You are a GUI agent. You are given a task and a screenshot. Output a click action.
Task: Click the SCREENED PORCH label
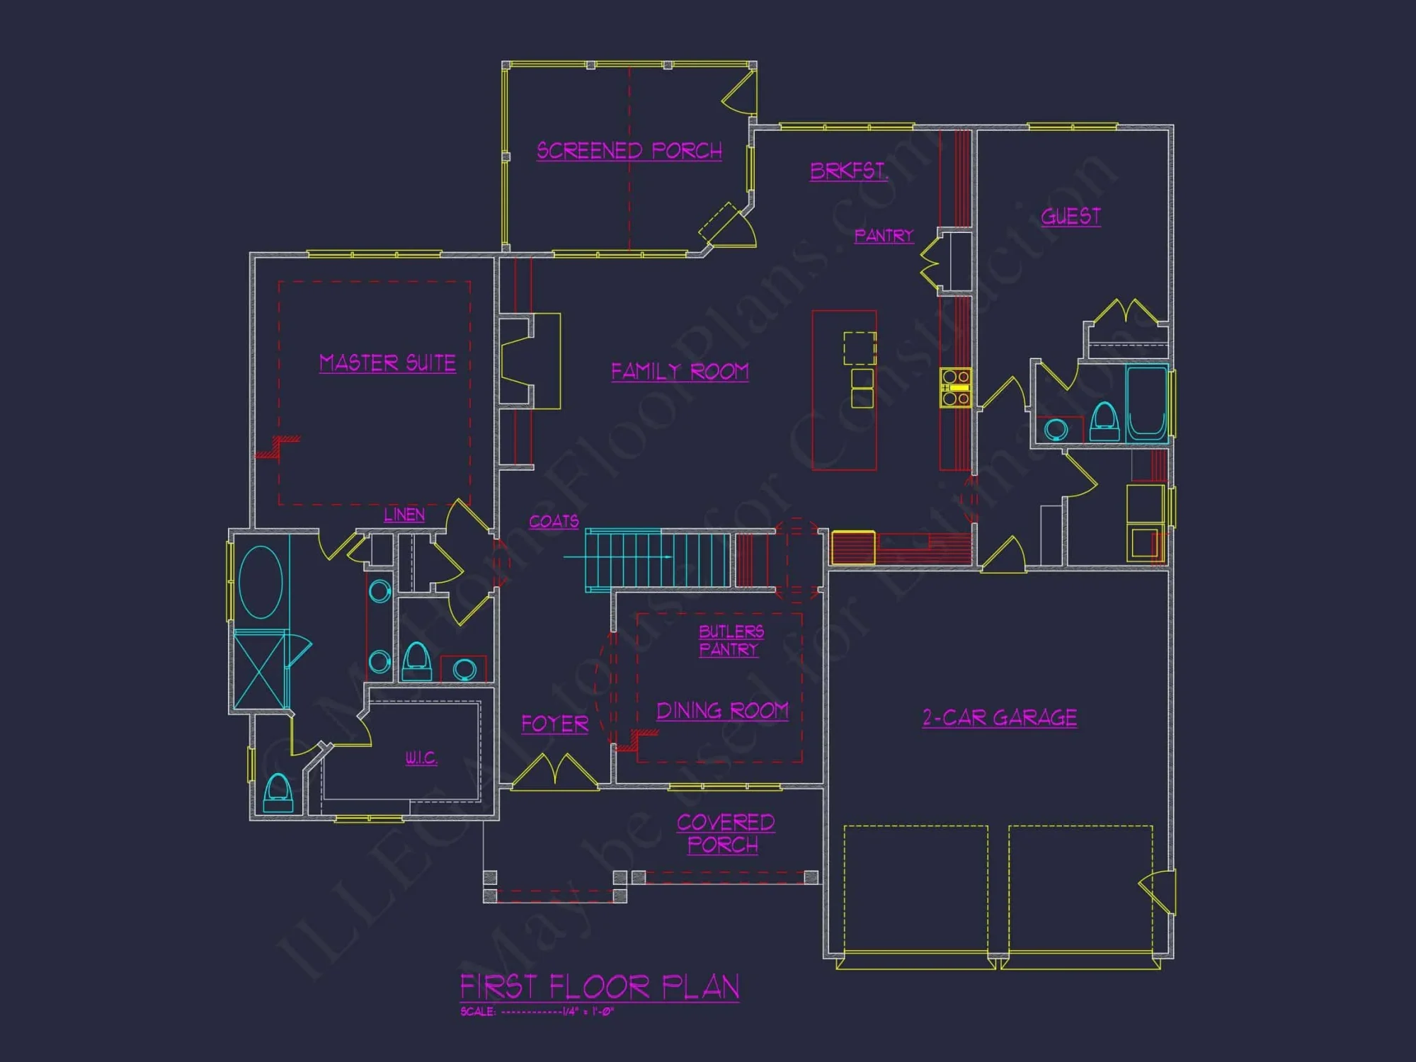pyautogui.click(x=629, y=151)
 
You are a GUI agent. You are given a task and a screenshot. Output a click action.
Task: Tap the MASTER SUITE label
pyautogui.click(x=387, y=363)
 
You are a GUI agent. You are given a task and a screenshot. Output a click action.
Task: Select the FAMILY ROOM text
pyautogui.click(x=680, y=372)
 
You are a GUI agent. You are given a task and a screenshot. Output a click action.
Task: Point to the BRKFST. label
pyautogui.click(x=848, y=171)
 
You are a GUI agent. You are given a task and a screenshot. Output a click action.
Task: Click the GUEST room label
pyautogui.click(x=1070, y=217)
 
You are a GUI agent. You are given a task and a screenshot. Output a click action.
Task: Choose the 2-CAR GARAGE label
pyautogui.click(x=1000, y=718)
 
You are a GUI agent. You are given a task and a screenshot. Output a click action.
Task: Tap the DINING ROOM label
pyautogui.click(x=722, y=711)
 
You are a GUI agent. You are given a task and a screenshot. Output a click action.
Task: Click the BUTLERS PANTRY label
pyautogui.click(x=731, y=641)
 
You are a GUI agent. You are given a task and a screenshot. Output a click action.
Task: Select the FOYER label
pyautogui.click(x=555, y=724)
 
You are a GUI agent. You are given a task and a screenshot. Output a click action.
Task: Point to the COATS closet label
pyautogui.click(x=554, y=522)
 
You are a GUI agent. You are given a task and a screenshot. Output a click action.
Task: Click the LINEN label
pyautogui.click(x=404, y=515)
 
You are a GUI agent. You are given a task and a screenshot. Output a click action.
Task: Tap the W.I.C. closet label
pyautogui.click(x=421, y=758)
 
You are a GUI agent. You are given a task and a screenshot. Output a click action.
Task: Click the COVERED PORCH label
pyautogui.click(x=725, y=833)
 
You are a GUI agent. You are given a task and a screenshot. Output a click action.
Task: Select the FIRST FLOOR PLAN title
pyautogui.click(x=600, y=987)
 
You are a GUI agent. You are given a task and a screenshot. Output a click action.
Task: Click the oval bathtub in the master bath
pyautogui.click(x=261, y=582)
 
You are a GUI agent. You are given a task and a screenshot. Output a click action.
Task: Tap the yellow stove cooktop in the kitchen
pyautogui.click(x=955, y=388)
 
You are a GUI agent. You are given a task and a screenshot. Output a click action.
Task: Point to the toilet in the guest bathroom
pyautogui.click(x=1104, y=421)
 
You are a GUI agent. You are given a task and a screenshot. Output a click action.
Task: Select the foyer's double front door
pyautogui.click(x=554, y=772)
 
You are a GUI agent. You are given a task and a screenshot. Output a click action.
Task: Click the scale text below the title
pyautogui.click(x=537, y=1012)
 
